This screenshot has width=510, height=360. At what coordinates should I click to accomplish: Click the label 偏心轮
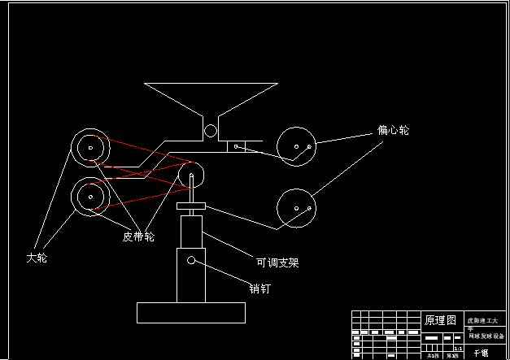tap(393, 130)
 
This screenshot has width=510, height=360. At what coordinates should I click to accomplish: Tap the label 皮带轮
tap(138, 236)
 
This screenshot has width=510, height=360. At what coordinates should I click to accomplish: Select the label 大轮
tap(37, 258)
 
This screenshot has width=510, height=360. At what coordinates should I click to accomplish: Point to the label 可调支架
tap(277, 262)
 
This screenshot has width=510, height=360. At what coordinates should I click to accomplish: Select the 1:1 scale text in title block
tap(457, 348)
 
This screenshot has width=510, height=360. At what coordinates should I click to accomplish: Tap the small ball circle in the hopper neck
tap(211, 130)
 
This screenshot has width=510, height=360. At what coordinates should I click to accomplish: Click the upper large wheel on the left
tap(89, 147)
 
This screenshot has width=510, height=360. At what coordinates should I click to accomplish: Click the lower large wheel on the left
tap(89, 196)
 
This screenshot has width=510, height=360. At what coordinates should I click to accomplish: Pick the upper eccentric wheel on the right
tap(296, 146)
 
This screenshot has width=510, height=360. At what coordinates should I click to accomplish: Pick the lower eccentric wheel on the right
tap(296, 208)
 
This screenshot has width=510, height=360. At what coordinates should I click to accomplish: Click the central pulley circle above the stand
tap(191, 174)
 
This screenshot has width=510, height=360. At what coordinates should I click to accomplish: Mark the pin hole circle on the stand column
tap(191, 260)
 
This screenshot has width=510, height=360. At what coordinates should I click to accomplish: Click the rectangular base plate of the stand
tap(191, 312)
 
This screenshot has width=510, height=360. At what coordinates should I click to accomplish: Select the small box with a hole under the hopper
tap(235, 147)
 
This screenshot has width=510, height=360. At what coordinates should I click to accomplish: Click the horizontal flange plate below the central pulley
tap(191, 206)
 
